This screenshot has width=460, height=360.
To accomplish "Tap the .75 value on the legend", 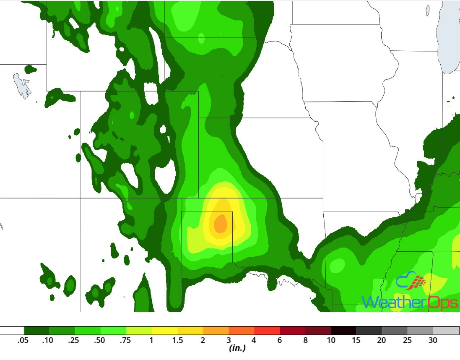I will (x=126, y=341).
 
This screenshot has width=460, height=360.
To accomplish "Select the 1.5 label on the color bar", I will (x=177, y=341).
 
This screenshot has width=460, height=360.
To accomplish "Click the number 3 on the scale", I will (x=229, y=341).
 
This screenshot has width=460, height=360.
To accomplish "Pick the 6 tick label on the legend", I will (x=280, y=341).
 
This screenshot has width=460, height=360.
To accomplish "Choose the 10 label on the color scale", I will (x=331, y=341).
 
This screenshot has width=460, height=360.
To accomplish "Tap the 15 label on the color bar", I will (x=356, y=341).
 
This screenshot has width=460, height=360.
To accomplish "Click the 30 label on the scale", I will (x=433, y=341).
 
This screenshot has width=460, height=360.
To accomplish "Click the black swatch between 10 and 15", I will (x=343, y=330).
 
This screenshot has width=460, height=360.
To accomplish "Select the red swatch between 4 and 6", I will (x=267, y=330).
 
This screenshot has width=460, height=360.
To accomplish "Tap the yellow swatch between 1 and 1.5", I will (x=164, y=330).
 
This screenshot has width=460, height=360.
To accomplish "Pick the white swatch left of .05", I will (x=12, y=330).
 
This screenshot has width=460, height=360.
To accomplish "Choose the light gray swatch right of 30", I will (x=446, y=330).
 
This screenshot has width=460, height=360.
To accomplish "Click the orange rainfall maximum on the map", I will (x=220, y=223).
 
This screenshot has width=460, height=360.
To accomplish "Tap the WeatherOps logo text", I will (x=409, y=301).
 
